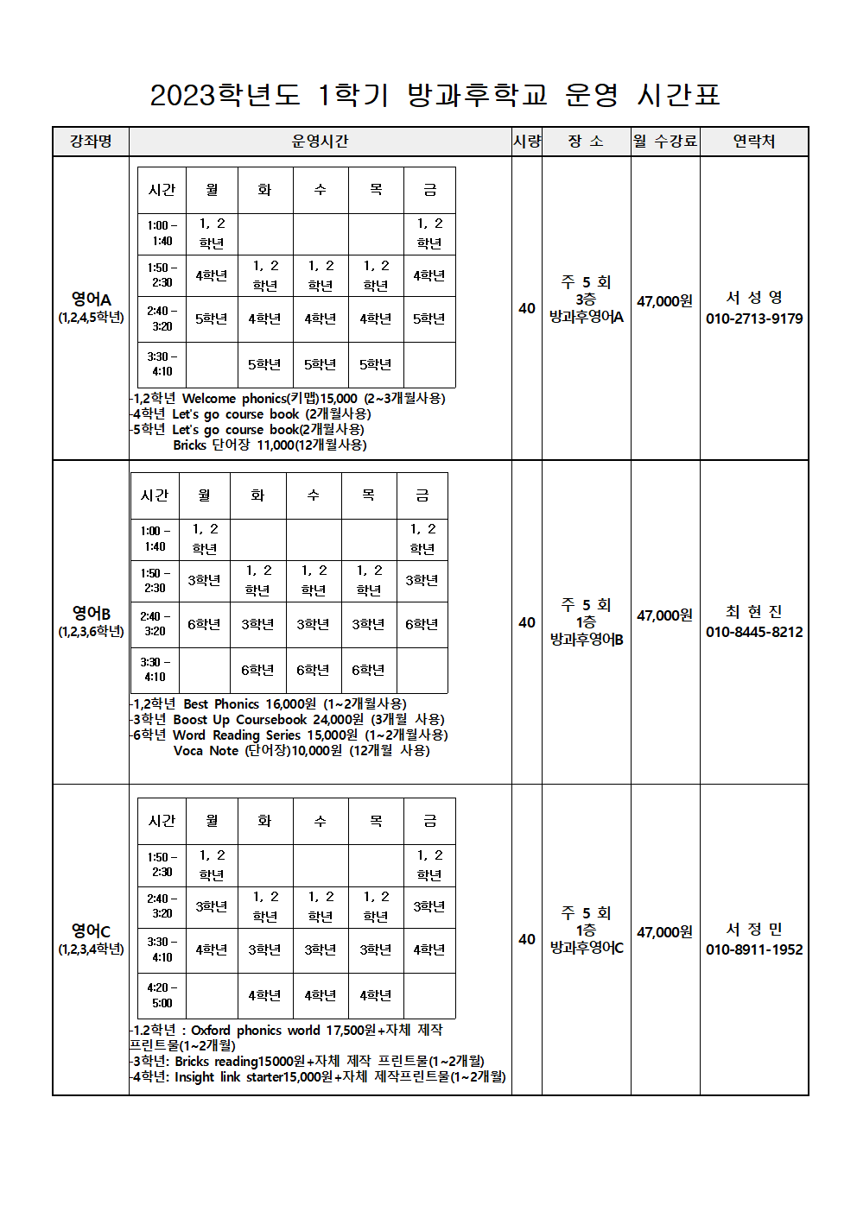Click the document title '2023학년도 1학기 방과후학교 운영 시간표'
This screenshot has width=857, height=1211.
click(x=435, y=94)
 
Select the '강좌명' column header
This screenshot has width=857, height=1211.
click(x=91, y=141)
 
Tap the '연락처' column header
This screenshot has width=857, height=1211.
click(x=753, y=141)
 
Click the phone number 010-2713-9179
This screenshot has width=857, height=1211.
click(x=754, y=319)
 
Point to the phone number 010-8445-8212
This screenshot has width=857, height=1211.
click(x=754, y=632)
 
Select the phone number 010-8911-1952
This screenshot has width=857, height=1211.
click(x=754, y=949)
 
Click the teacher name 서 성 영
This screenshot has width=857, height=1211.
click(x=754, y=298)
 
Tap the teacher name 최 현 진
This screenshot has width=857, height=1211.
click(x=754, y=612)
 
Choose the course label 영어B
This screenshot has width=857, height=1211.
click(x=91, y=613)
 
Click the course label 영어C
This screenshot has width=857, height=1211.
click(x=91, y=930)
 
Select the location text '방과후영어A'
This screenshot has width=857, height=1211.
click(x=587, y=317)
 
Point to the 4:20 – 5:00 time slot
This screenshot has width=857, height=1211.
click(x=162, y=995)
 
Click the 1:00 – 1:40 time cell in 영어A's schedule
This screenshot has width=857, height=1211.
click(x=162, y=233)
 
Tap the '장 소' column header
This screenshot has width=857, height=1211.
click(x=586, y=141)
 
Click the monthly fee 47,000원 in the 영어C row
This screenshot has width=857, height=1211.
click(x=664, y=932)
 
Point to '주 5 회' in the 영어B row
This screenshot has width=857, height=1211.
click(x=586, y=605)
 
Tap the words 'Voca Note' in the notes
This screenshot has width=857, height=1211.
click(x=206, y=750)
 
